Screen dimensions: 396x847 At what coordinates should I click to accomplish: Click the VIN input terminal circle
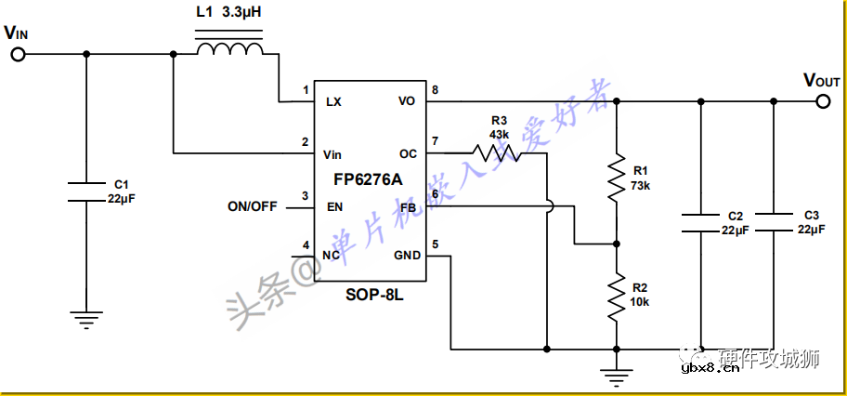18,54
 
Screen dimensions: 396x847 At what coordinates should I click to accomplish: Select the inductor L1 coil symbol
228,48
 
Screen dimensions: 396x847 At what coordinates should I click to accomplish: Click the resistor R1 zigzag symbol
616,178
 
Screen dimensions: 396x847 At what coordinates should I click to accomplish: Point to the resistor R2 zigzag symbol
616,297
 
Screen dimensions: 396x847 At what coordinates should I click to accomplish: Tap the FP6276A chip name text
369,179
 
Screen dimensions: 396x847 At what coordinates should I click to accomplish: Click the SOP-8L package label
371,295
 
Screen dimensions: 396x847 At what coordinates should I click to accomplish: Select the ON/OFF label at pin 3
252,206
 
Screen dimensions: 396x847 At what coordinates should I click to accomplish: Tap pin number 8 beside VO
434,90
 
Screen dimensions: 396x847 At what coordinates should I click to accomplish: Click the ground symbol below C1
86,320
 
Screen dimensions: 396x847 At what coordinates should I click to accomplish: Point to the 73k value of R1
641,186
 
